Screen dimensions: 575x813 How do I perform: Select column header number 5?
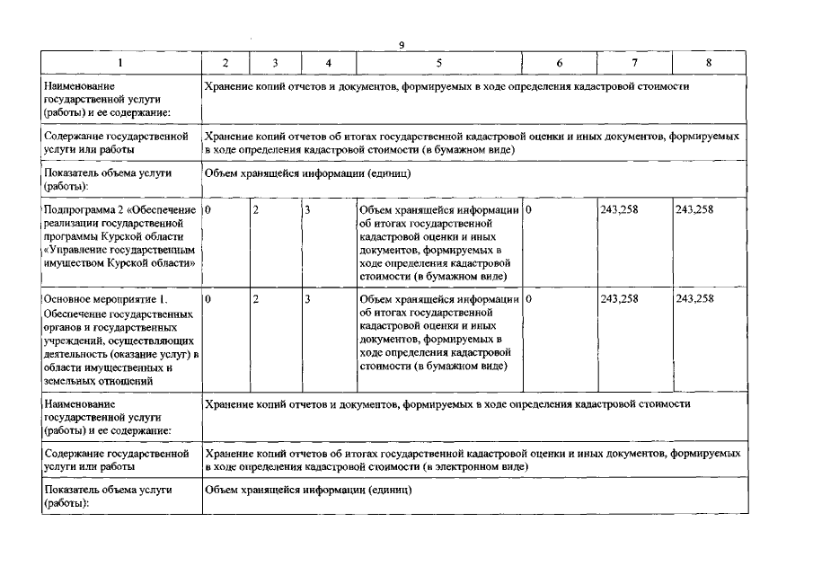(x=438, y=63)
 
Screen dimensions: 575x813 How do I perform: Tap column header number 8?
(x=709, y=63)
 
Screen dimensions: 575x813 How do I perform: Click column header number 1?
(x=121, y=63)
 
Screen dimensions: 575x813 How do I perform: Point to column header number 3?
(x=275, y=63)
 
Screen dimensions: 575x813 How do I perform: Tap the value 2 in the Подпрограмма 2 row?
(x=256, y=210)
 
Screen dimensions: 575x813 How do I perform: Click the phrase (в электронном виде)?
(x=475, y=468)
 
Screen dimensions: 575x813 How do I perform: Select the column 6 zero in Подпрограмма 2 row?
(x=529, y=210)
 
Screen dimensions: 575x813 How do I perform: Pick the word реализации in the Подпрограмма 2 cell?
(x=71, y=224)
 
